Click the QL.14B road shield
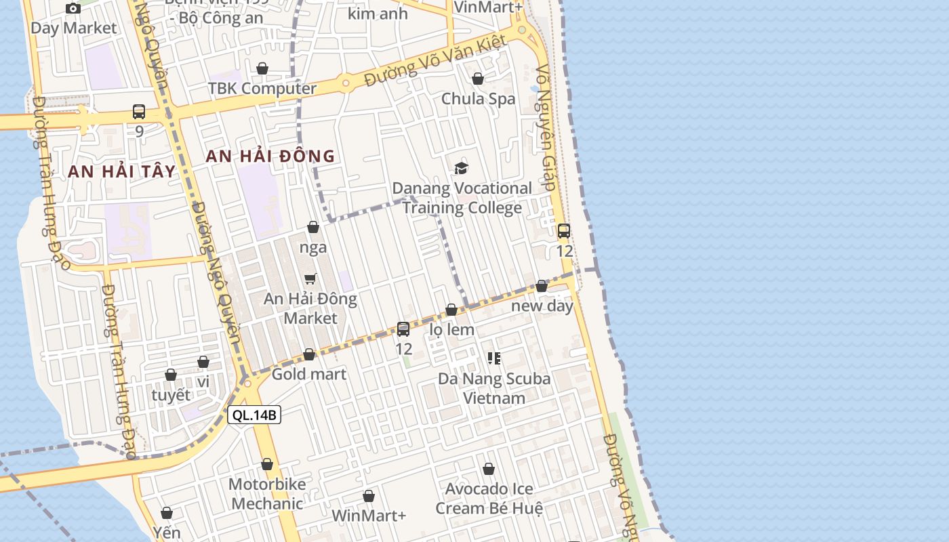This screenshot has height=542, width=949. point(254,415)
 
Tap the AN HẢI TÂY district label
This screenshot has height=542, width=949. point(122,171)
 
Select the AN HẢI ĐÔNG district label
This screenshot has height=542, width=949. point(270,156)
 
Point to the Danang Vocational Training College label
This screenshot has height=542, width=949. point(462,198)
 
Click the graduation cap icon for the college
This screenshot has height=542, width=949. point(462,168)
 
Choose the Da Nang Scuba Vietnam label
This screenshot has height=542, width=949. point(494,388)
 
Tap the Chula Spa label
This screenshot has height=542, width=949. point(479,99)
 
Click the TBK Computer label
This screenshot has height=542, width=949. point(262,89)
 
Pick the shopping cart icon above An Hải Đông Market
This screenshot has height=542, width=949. point(310,278)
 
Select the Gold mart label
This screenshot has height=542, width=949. point(309,374)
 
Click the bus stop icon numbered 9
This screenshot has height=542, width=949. point(139,112)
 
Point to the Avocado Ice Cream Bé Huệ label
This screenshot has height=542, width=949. point(489,499)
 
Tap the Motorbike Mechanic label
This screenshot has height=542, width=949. point(267,494)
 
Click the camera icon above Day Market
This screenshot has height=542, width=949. point(73,8)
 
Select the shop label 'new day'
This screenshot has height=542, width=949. point(542,306)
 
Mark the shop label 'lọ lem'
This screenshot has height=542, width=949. point(452,330)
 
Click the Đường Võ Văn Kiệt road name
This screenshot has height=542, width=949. point(435,61)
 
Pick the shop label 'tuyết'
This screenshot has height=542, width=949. point(171,395)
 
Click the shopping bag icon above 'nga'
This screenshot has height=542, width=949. point(313,227)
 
